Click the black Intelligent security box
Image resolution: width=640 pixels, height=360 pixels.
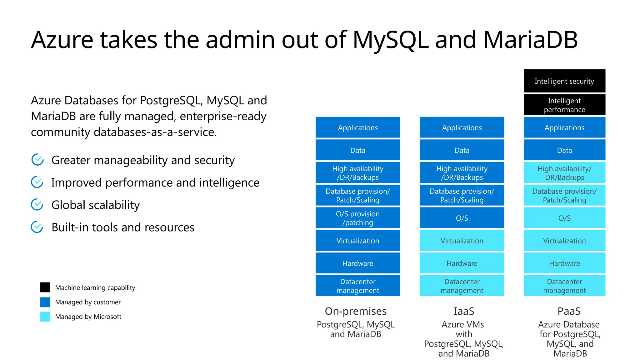point(564,81)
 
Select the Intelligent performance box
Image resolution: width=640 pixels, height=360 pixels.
point(564,105)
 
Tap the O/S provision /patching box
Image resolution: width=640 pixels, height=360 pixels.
point(358,218)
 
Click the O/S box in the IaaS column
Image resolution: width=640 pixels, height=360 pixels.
point(462,218)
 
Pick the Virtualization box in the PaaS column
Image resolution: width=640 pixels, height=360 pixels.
point(564,241)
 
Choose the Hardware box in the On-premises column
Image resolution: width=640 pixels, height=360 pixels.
point(358,263)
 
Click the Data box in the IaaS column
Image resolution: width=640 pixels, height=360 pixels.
point(462,150)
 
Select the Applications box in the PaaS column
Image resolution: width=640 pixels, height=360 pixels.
point(564,127)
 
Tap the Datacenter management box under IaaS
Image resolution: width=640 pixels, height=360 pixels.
point(462,286)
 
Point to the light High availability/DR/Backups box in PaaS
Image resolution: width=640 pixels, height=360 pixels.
point(564,173)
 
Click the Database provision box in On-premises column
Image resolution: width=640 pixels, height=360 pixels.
point(358,195)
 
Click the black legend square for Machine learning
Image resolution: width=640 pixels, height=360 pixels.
point(45,287)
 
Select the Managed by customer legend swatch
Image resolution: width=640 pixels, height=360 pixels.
point(45,302)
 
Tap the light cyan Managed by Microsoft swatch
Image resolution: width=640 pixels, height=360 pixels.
point(45,316)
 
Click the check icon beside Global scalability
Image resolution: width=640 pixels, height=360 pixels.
point(37,204)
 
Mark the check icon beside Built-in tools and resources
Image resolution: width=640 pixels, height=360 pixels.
point(37,227)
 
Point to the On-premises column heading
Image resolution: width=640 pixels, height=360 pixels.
point(356,311)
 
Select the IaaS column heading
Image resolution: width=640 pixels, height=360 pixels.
point(464,311)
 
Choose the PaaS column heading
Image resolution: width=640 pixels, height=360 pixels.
point(569,311)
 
